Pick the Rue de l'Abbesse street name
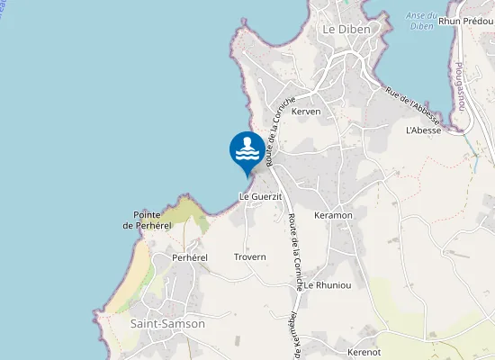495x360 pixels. pyautogui.click(x=412, y=106)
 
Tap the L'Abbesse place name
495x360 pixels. pyautogui.click(x=423, y=130)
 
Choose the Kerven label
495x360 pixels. pyautogui.click(x=306, y=112)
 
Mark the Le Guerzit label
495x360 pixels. pyautogui.click(x=260, y=196)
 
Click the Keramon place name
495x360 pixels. pyautogui.click(x=333, y=216)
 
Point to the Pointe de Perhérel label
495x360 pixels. pyautogui.click(x=152, y=220)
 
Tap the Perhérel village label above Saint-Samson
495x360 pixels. pyautogui.click(x=189, y=257)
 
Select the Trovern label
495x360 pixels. pyautogui.click(x=250, y=257)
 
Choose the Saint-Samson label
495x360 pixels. pyautogui.click(x=167, y=323)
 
